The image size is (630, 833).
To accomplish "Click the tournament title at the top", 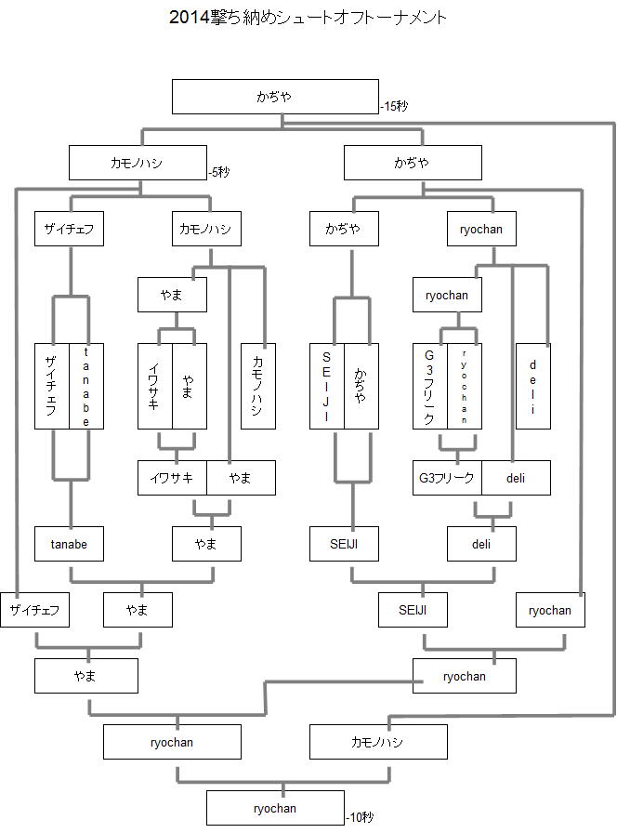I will click(308, 18).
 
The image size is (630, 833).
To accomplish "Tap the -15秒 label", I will click(394, 107).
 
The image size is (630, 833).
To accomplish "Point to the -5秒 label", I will click(219, 172).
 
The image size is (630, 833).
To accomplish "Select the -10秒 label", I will click(360, 818).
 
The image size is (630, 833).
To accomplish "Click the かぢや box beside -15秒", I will click(275, 97).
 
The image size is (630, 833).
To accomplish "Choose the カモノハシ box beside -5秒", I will click(138, 163).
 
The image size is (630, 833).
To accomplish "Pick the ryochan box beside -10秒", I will click(274, 808).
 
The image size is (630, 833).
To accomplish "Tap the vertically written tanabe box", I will click(86, 386).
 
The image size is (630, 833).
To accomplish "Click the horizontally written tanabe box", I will click(69, 544).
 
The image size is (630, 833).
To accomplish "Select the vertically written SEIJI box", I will click(326, 386).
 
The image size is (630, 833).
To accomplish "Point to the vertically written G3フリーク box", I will click(429, 386).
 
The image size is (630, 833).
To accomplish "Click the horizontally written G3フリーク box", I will click(447, 478).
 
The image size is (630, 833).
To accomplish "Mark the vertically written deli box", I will click(533, 386).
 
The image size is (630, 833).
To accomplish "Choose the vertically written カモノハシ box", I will click(257, 386).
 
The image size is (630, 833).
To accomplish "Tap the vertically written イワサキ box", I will click(154, 386).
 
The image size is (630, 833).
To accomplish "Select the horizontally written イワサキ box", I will click(172, 478).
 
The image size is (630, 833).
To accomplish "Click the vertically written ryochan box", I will click(464, 386).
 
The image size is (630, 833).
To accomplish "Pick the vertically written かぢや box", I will click(361, 386).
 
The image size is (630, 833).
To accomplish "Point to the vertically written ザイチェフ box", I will click(51, 386).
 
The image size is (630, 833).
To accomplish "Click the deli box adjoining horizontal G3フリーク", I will click(516, 478).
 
